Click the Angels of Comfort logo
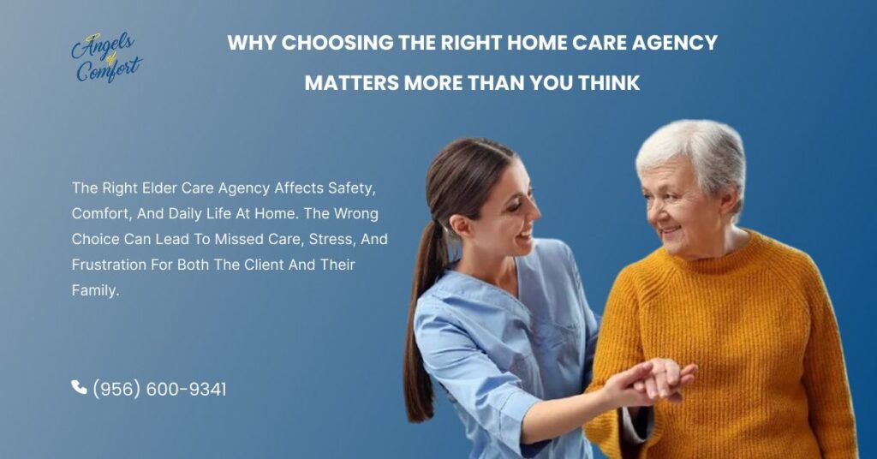(105, 58)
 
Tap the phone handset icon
(79, 388)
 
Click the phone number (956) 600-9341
(160, 389)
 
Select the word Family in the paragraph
(94, 290)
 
